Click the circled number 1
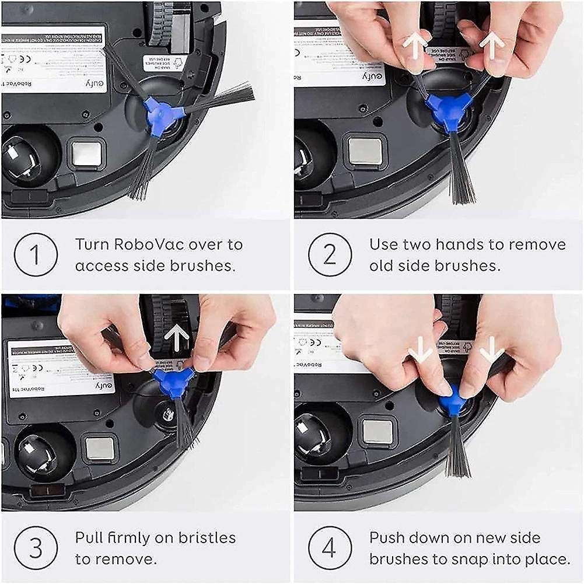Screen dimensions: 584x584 point(35,254)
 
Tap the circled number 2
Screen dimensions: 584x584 point(330,254)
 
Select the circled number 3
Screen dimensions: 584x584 point(35,548)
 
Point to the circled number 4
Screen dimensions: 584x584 point(330,548)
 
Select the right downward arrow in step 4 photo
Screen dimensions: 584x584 point(491,349)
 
